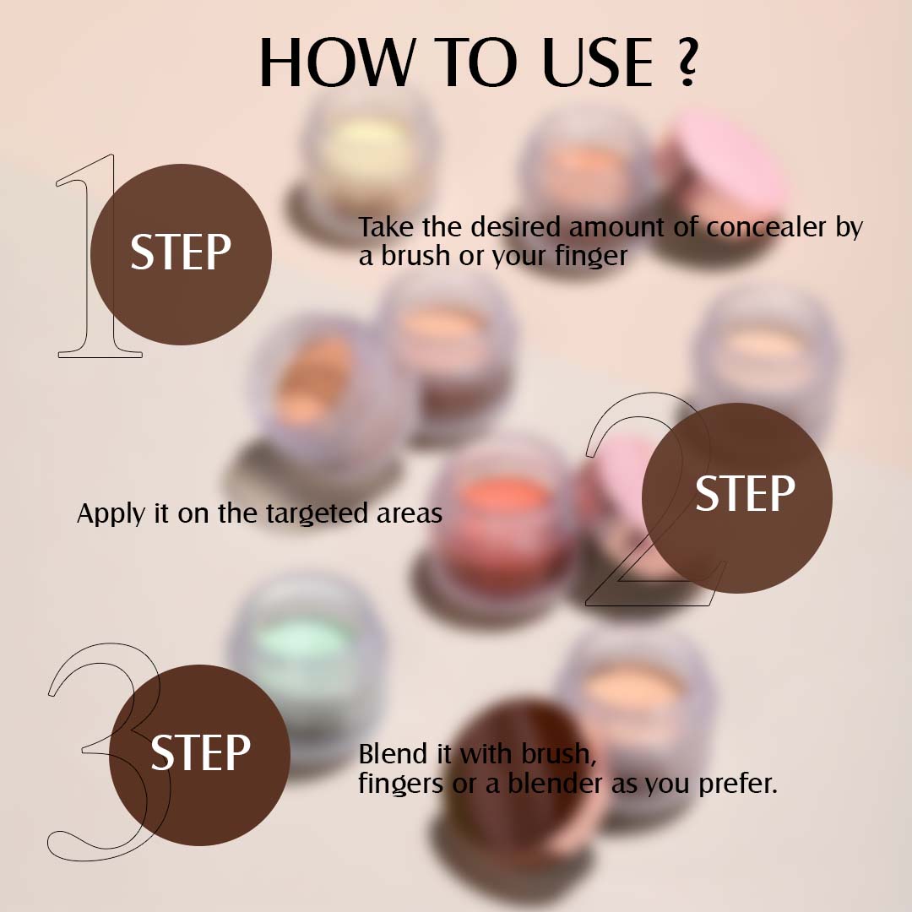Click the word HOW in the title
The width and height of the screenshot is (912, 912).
pyautogui.click(x=337, y=63)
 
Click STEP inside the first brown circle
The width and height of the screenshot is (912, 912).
pyautogui.click(x=181, y=252)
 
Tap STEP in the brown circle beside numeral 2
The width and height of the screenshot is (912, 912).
pyautogui.click(x=745, y=494)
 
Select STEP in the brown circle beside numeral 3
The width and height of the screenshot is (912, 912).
pyautogui.click(x=200, y=752)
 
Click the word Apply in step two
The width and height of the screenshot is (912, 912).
pyautogui.click(x=111, y=514)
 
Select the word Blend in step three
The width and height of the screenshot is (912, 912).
pyautogui.click(x=389, y=753)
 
